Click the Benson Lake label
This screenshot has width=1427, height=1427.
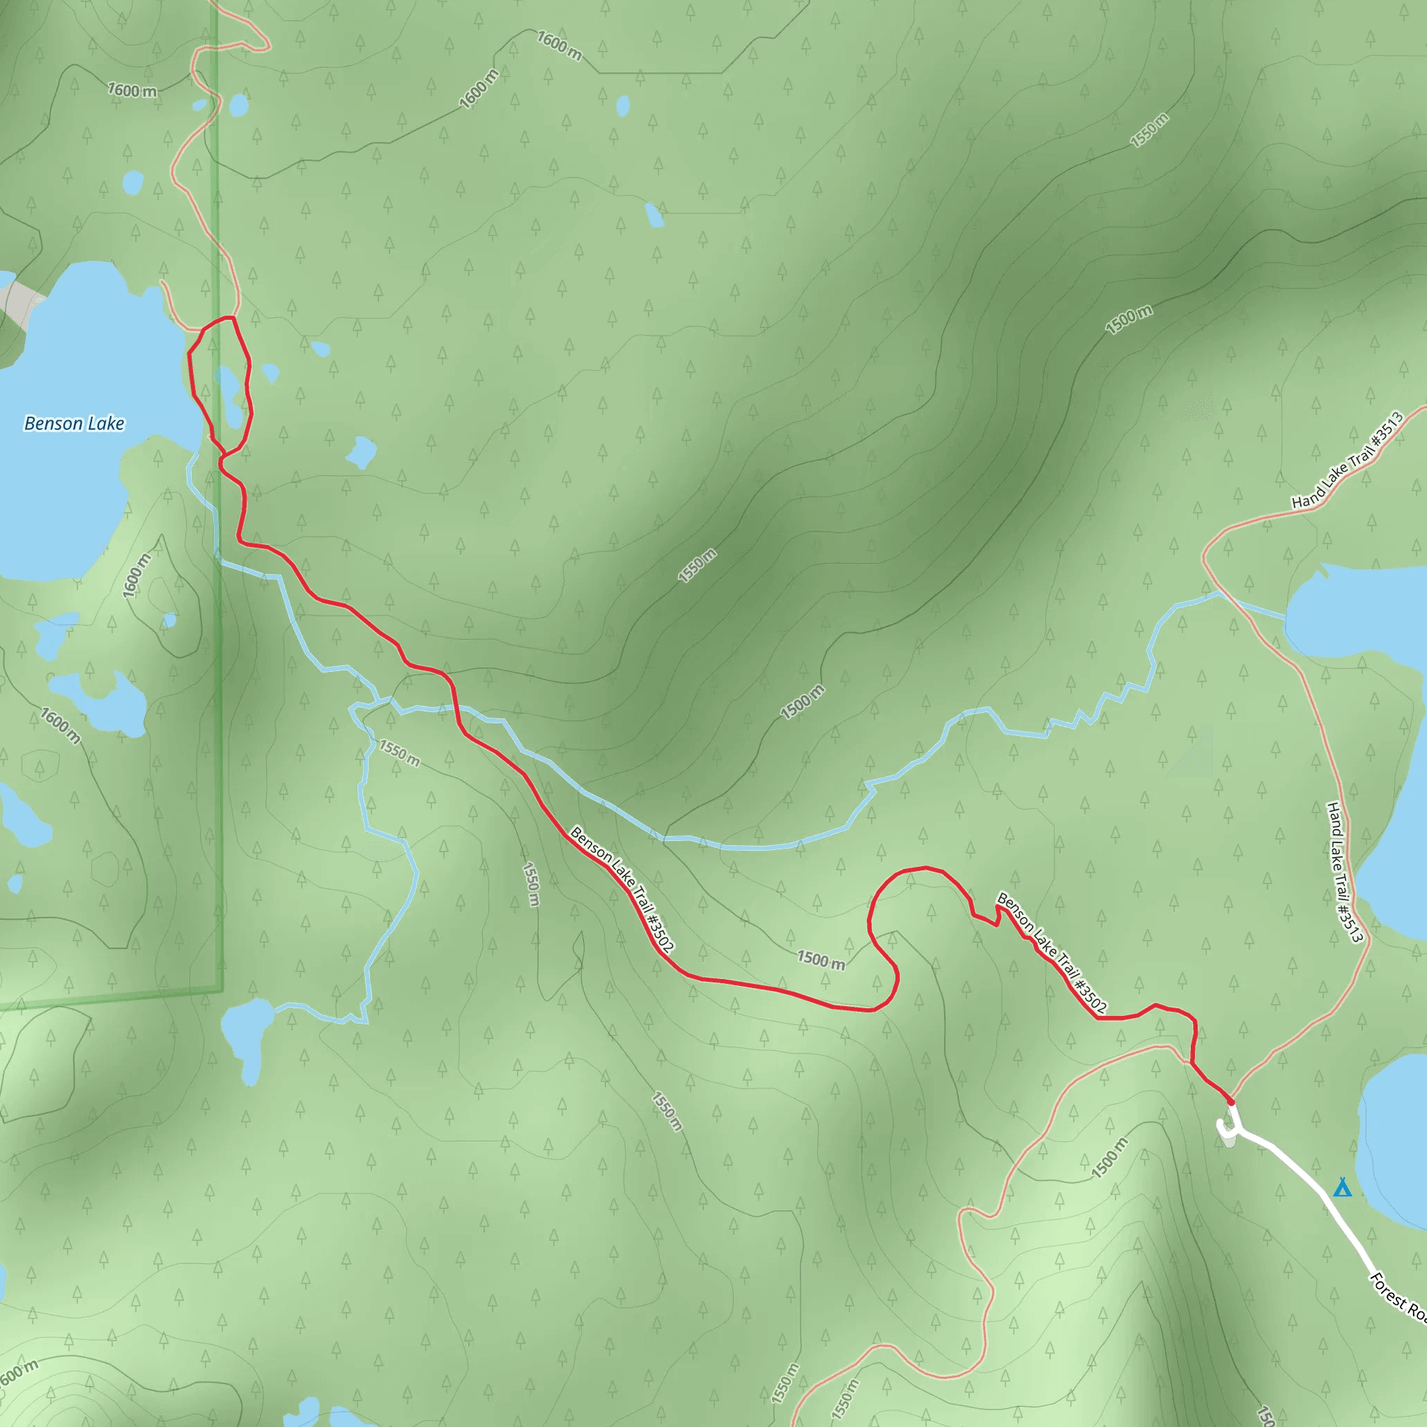tap(74, 424)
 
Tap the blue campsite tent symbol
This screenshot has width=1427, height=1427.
tap(1342, 1188)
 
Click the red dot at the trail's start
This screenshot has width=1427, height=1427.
tap(1231, 1102)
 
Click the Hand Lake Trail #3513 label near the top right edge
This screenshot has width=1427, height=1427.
tap(1348, 461)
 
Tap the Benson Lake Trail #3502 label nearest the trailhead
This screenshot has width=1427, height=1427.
tap(1051, 952)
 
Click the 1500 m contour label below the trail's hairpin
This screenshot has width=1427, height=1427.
tap(821, 960)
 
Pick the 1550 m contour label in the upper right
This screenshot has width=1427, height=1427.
tap(1149, 130)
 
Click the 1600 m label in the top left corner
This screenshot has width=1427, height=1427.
tap(132, 91)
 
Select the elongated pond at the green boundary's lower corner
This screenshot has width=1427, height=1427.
tap(247, 1037)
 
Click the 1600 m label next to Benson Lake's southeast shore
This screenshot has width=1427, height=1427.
tap(136, 576)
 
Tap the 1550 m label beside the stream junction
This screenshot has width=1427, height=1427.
tap(399, 753)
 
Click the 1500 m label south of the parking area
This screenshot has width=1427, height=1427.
tap(1109, 1157)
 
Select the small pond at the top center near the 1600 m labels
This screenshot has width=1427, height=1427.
tap(623, 106)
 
